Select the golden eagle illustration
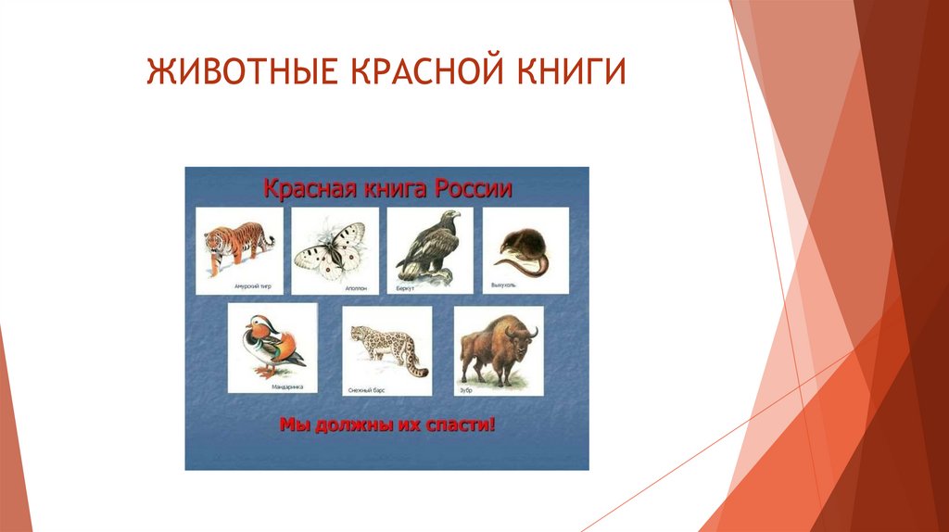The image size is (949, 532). [428, 245]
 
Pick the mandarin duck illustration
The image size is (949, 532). [272, 345]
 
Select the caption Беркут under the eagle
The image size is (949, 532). [404, 288]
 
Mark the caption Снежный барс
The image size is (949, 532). [366, 389]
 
